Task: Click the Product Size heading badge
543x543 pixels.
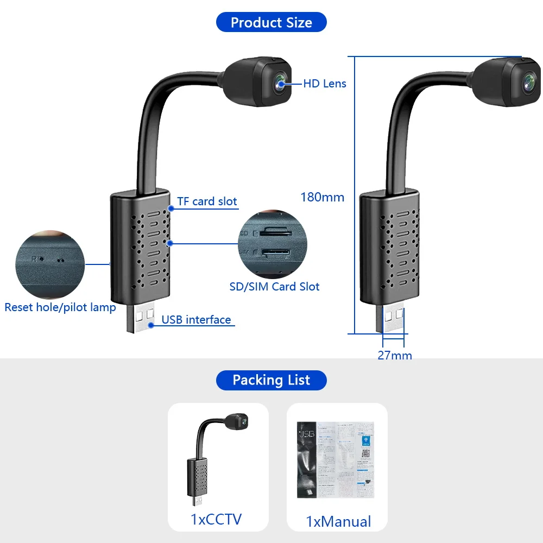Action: (x=271, y=22)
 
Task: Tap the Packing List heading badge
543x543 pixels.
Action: (x=271, y=380)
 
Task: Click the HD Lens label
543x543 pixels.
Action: (x=324, y=83)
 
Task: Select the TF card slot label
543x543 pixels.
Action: (x=207, y=201)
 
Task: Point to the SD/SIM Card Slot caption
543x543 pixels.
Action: (x=274, y=287)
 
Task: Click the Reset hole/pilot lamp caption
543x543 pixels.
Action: (x=60, y=307)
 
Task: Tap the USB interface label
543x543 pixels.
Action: (x=196, y=320)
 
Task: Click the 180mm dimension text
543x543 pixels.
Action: (x=323, y=197)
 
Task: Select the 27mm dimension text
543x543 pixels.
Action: (x=395, y=356)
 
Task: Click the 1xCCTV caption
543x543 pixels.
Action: (x=216, y=519)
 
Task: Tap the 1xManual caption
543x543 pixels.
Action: (x=338, y=522)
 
